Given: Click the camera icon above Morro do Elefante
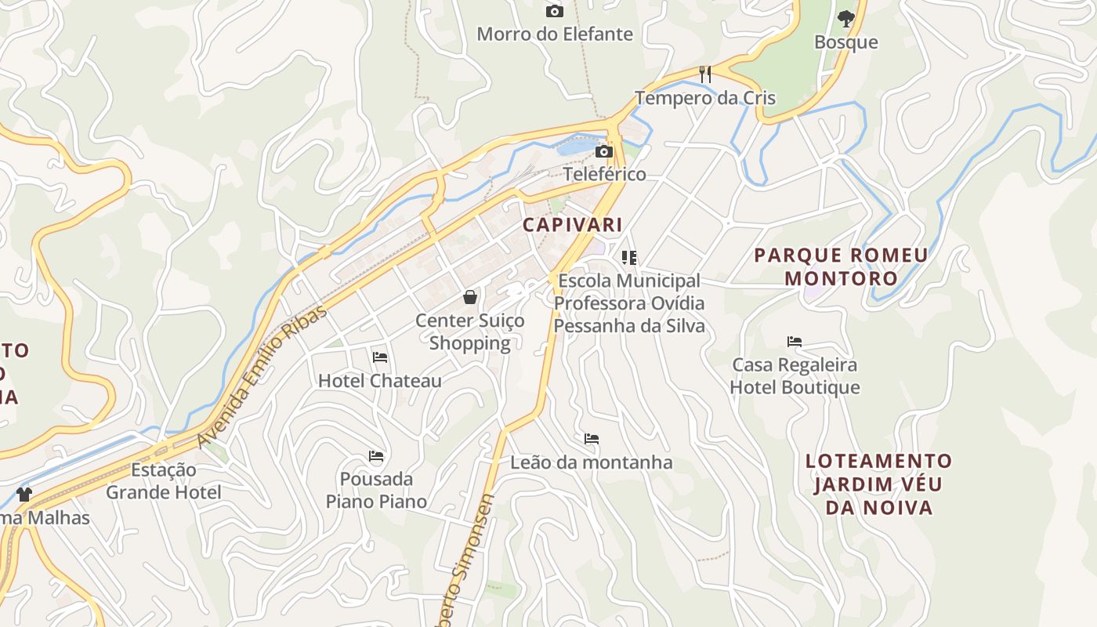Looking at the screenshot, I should click(x=554, y=11).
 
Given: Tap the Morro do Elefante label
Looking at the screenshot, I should click(x=554, y=34).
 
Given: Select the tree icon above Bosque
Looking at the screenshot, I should click(x=845, y=18).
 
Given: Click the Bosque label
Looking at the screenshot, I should click(x=845, y=42).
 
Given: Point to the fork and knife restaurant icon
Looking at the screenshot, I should click(x=705, y=74).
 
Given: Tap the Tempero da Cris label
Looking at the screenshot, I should click(x=704, y=98).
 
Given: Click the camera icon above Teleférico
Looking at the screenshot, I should click(x=604, y=151).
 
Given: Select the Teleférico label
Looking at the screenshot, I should click(x=604, y=174).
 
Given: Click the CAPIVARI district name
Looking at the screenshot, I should click(x=573, y=225).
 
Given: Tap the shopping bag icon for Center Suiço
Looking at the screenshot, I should click(x=470, y=297).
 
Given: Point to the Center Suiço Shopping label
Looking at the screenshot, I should click(x=470, y=332).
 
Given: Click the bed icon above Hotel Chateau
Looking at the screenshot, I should click(x=380, y=357).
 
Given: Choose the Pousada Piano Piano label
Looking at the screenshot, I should click(x=377, y=490).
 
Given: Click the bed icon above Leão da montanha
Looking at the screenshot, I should click(x=592, y=439).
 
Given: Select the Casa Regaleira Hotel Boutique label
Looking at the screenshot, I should click(x=795, y=376).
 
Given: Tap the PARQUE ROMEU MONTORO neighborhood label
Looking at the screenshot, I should click(x=841, y=266).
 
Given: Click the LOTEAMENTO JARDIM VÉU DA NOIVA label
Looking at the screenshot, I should click(x=878, y=484).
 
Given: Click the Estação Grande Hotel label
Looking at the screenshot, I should click(x=164, y=481).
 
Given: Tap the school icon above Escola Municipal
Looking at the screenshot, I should click(x=628, y=257).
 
